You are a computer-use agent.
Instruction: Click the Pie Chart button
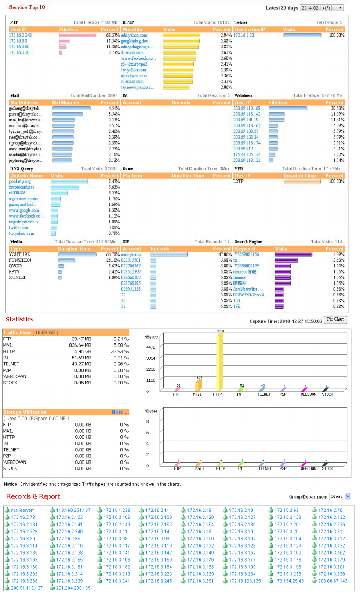335,319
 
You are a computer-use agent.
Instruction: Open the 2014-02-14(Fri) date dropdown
322,8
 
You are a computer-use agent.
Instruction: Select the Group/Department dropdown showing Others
340,496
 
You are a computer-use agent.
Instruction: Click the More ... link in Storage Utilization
120,412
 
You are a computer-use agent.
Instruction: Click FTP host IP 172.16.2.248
20,35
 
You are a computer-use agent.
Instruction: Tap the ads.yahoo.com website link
134,35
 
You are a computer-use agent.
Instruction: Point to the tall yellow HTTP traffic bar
220,361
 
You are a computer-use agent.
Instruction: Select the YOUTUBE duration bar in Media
77,254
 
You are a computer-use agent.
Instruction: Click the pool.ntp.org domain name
20,181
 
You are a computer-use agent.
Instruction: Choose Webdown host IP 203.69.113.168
247,108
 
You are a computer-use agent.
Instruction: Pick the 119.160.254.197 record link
73,510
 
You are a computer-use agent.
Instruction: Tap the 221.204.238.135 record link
73,588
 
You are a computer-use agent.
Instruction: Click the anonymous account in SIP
131,254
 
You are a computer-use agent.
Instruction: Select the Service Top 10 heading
27,7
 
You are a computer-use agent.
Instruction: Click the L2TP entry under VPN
239,181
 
